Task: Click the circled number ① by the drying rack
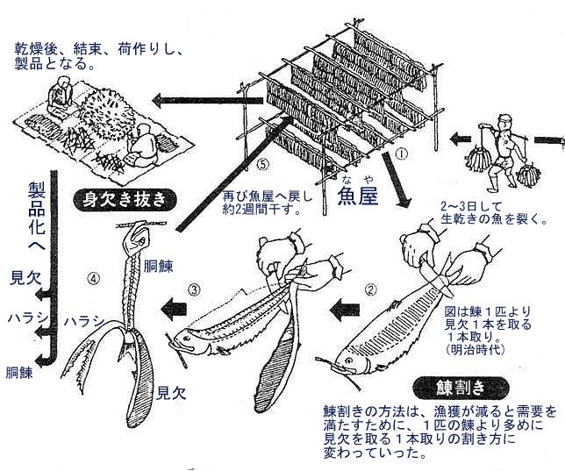click(x=400, y=153)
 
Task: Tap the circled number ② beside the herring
click(x=373, y=288)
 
